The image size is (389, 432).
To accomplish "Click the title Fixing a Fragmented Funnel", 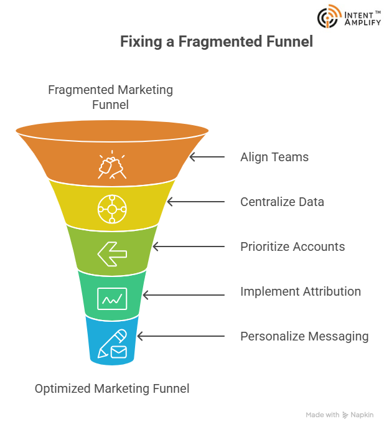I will coord(216,42).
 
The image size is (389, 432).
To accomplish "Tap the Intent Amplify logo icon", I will coord(329,17).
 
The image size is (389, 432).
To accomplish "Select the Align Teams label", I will coord(274,157).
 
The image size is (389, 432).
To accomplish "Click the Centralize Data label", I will coord(282,202).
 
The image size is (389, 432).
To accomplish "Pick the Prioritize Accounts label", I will coord(293,247).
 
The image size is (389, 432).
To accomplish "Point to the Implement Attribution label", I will coord(301,291).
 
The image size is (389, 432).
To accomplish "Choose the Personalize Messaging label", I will coord(304,336).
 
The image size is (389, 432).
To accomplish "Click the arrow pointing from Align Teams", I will coord(207,157).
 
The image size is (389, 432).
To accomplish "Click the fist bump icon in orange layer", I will coord(112,164).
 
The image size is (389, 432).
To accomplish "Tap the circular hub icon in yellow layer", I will coord(112,210).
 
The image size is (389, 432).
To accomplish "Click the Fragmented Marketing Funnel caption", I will coord(111,97).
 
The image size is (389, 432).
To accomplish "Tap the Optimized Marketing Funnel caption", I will coord(112,389).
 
